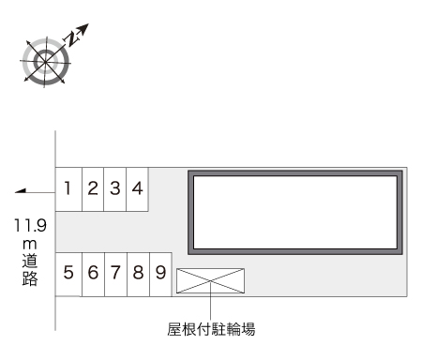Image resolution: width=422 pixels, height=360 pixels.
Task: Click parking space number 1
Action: coord(69,188)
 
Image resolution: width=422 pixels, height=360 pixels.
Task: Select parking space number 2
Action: coord(93,188)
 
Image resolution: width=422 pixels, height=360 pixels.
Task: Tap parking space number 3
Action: coord(114,188)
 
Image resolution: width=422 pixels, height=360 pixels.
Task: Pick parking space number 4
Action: coord(137,188)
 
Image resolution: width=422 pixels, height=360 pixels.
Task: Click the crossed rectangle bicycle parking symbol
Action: coord(210,280)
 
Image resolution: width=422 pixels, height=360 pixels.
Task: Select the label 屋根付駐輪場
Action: coord(211,329)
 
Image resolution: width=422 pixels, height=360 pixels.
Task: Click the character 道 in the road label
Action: coord(31,262)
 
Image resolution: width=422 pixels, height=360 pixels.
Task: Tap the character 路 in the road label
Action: coord(31,279)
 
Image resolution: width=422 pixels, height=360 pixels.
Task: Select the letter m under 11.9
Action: coord(31,244)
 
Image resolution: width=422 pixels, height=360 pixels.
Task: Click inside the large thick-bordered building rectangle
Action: coord(295,211)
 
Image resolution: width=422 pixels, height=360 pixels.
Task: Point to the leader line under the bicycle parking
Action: coord(211,306)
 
